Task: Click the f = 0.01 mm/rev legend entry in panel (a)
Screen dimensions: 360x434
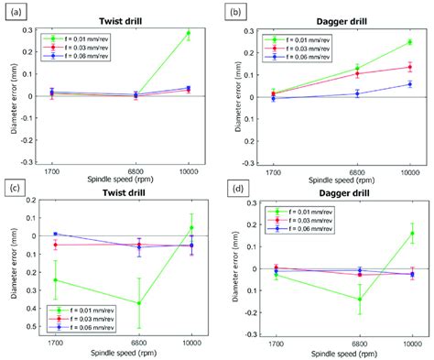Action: click(81, 38)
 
